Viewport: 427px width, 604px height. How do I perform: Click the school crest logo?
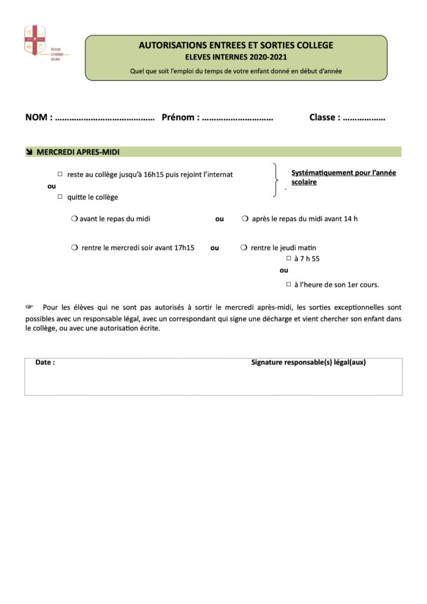35,41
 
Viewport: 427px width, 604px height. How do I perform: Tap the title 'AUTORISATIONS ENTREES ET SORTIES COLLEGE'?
236,45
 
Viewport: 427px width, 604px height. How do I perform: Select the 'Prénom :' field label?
180,117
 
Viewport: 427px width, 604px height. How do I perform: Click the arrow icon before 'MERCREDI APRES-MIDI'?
29,152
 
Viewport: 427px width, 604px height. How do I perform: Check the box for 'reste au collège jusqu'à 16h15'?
60,174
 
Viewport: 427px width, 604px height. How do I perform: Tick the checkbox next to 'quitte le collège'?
60,197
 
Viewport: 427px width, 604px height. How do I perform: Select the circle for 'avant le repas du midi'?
74,219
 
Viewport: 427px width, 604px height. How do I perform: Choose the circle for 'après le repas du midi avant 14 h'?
245,219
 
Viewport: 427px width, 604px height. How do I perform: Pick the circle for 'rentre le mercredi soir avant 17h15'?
74,248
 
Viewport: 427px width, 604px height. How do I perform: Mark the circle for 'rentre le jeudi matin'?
244,248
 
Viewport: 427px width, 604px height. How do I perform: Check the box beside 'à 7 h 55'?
288,258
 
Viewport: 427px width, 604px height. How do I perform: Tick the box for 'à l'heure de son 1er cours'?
288,284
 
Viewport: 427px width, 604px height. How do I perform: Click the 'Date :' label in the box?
45,362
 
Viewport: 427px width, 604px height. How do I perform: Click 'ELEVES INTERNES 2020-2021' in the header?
236,57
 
